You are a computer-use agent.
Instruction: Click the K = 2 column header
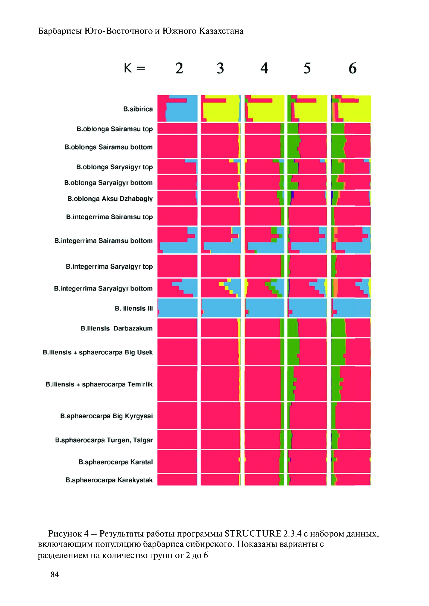pos(179,68)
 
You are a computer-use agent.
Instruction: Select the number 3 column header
pos(220,68)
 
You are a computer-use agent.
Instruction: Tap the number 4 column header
pos(264,68)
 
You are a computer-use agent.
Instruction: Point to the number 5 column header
pos(307,68)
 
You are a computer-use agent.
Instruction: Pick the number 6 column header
pos(352,68)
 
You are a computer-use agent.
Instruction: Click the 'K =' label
pos(134,68)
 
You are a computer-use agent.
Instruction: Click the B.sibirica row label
pos(138,109)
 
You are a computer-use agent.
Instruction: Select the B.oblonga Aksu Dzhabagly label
pos(110,199)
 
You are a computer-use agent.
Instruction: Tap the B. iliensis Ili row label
pos(134,308)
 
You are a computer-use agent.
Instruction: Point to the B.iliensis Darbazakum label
pos(117,328)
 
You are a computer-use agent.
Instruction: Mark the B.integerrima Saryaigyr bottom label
pos(103,288)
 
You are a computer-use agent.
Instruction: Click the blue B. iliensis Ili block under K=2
pos(178,308)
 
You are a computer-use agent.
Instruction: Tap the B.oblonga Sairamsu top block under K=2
pos(177,128)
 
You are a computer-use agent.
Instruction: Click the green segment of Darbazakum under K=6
pos(338,328)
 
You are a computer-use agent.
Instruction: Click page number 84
pos(55,574)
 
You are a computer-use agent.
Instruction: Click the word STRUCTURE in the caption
pos(253,534)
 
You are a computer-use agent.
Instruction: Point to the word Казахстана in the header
pos(221,31)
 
